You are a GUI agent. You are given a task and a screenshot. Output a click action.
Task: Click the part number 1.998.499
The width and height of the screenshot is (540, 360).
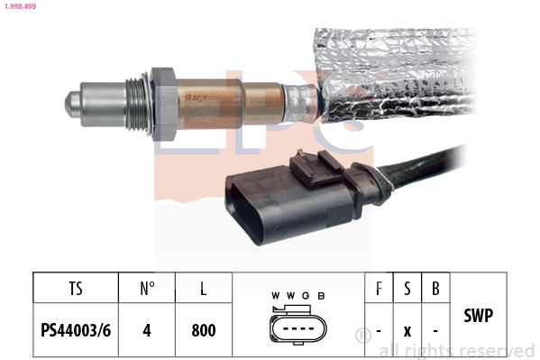pos(19,6)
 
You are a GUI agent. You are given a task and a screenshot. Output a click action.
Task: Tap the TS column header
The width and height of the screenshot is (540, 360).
pos(76,290)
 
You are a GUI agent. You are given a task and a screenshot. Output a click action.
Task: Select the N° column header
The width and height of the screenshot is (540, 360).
pos(148,290)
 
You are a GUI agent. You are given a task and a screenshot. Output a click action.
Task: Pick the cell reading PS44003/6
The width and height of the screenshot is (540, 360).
pos(76,329)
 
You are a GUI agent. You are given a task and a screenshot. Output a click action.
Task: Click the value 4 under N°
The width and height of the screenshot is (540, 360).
pos(147,329)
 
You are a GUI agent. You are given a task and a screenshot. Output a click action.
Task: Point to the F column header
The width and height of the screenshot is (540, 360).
pos(379,290)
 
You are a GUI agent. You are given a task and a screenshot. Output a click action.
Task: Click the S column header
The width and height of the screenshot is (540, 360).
pos(407,290)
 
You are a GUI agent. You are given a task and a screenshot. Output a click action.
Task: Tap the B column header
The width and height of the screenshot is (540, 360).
pos(436,290)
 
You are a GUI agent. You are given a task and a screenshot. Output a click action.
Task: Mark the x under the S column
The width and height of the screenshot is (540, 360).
pos(407,330)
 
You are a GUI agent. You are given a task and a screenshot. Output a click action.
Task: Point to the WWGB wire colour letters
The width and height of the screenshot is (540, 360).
pos(297,295)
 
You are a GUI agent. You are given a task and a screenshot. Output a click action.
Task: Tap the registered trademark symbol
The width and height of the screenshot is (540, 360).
pos(362,336)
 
